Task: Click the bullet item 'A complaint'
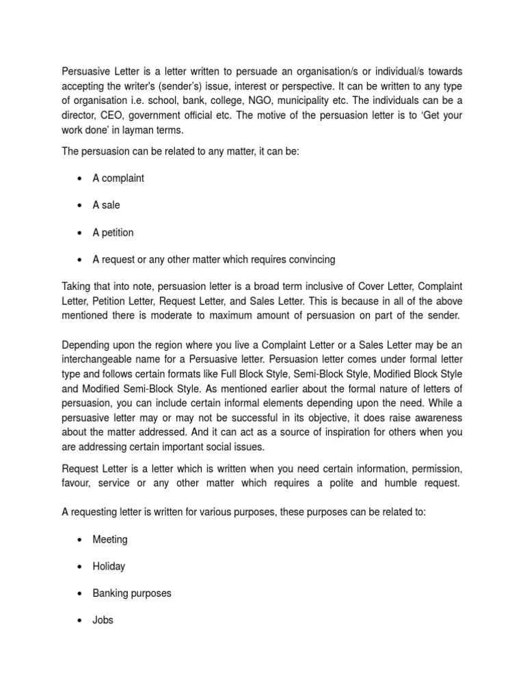[118, 178]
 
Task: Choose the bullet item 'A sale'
[106, 205]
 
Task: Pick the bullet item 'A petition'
[113, 232]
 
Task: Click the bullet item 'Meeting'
[110, 539]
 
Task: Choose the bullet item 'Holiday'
[109, 566]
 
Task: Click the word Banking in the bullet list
[111, 593]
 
